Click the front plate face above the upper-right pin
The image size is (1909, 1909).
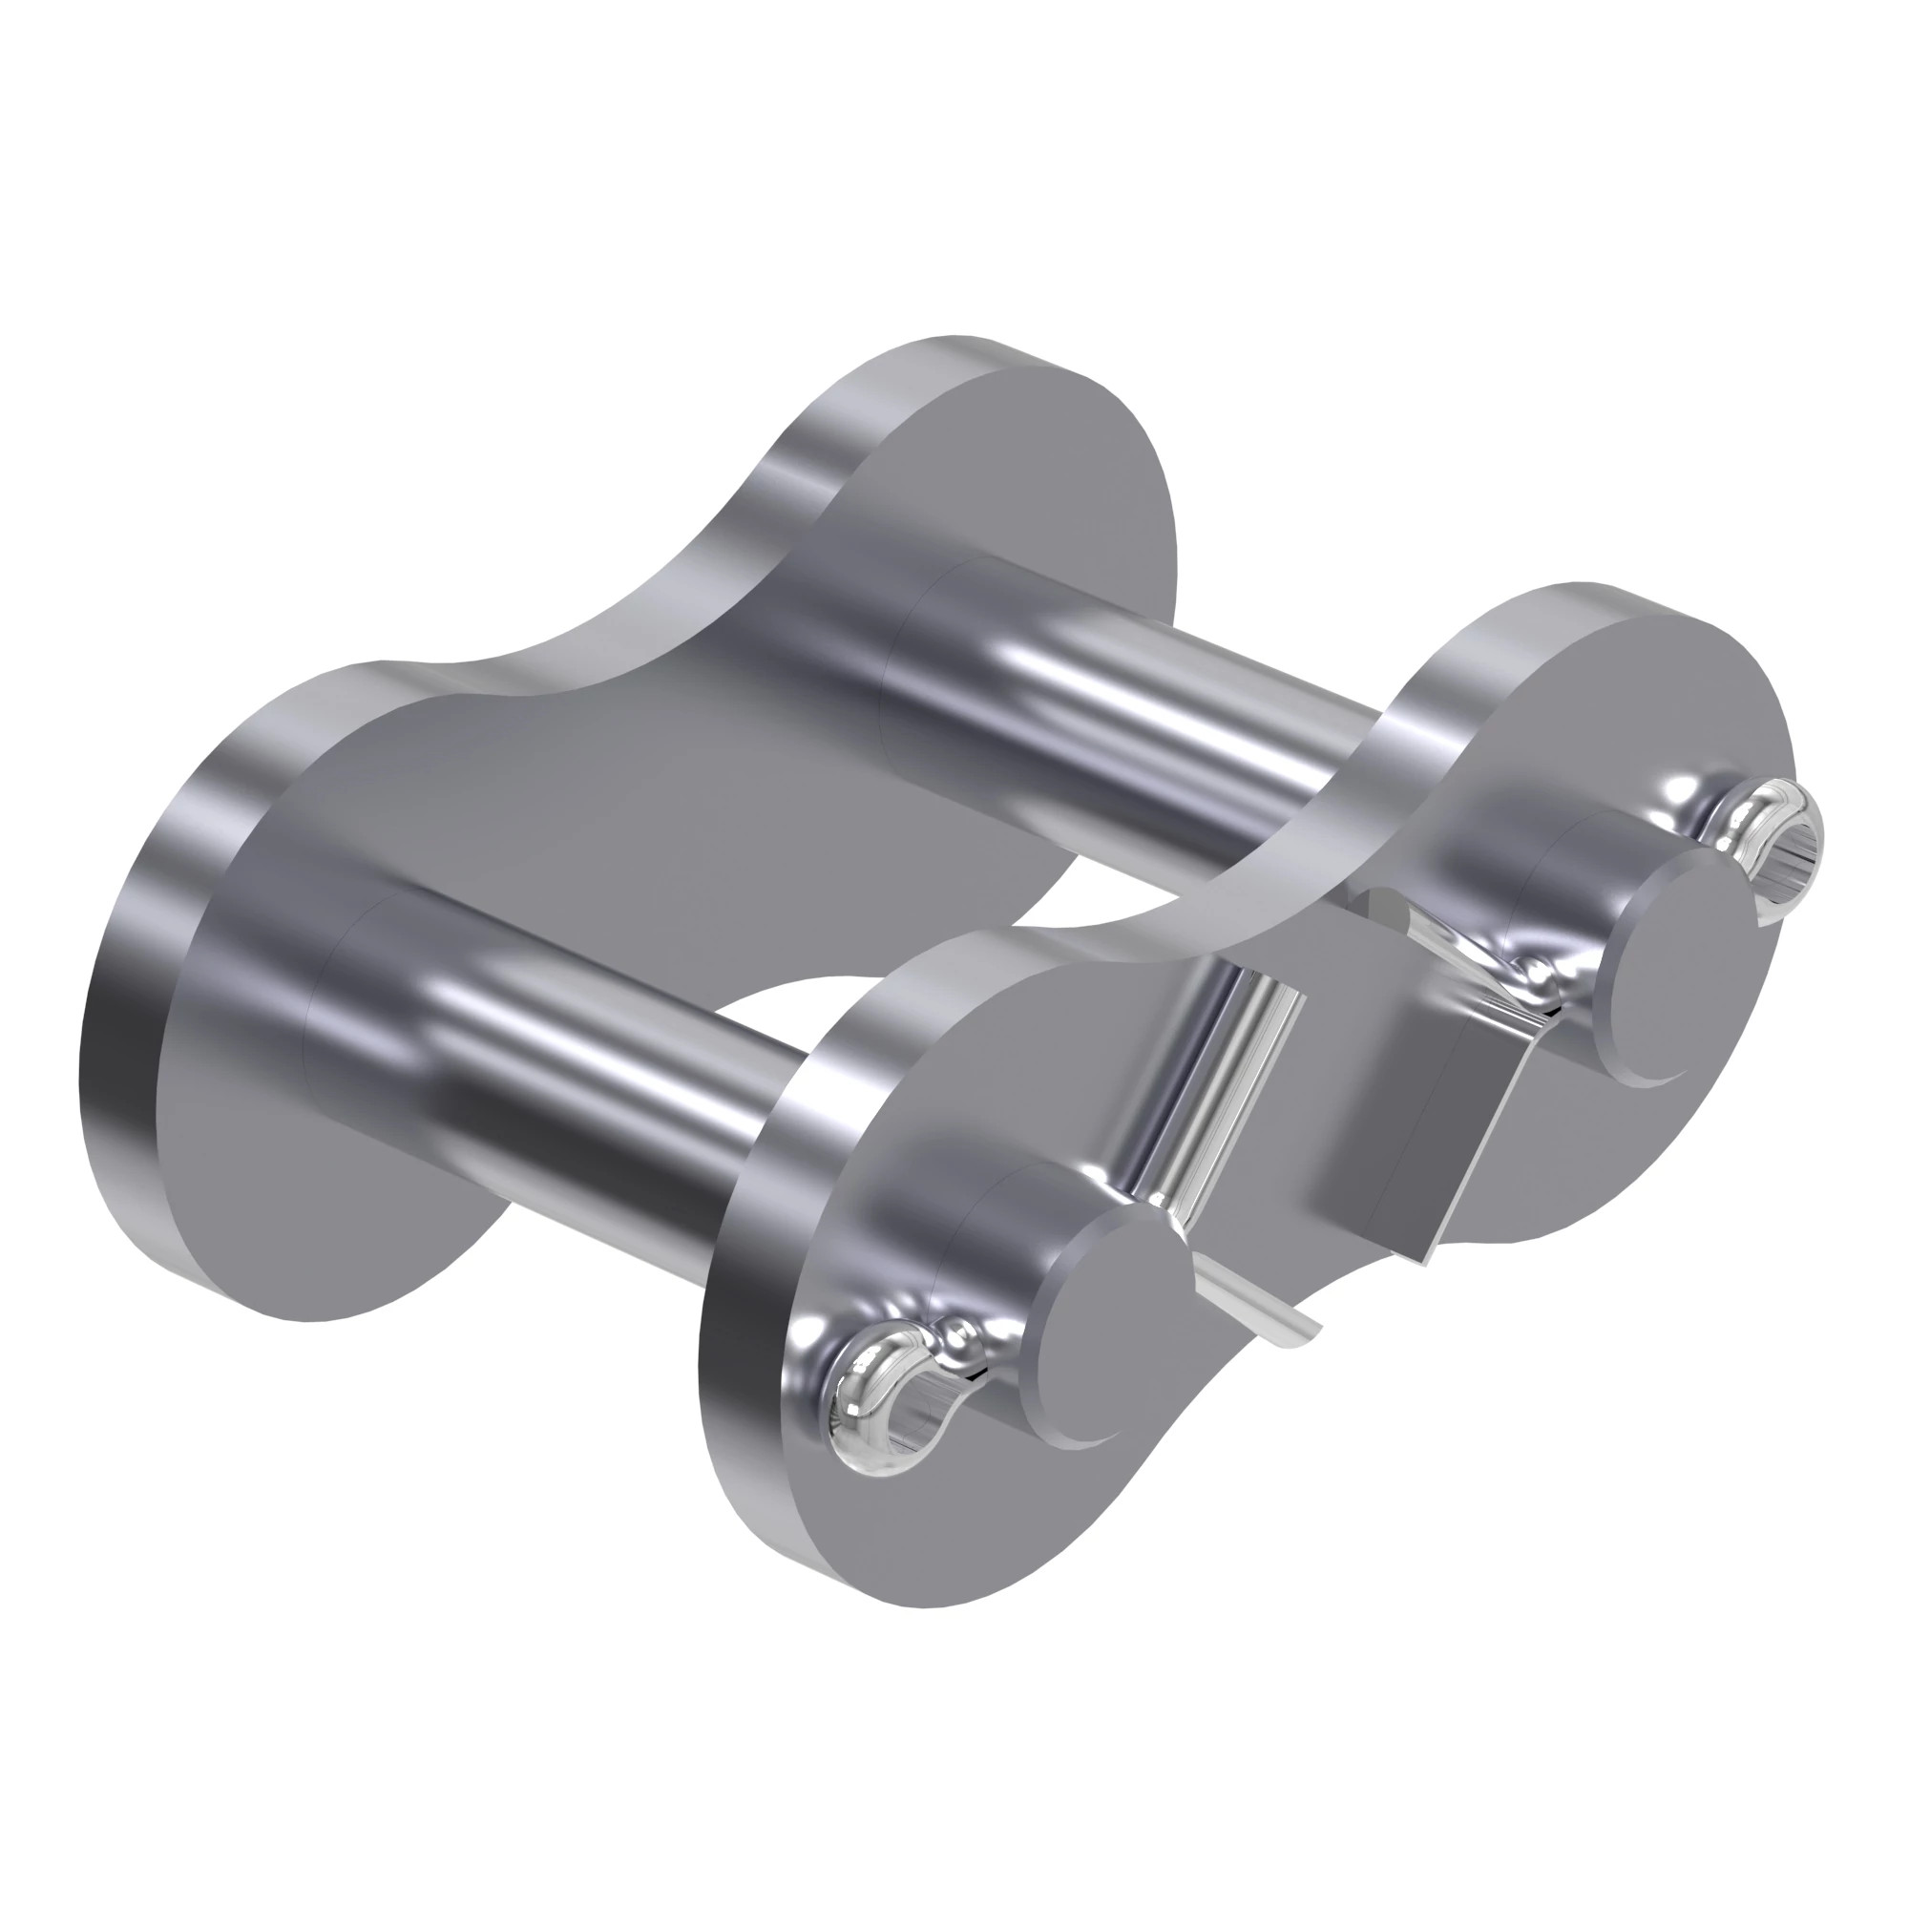pos(1581,711)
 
